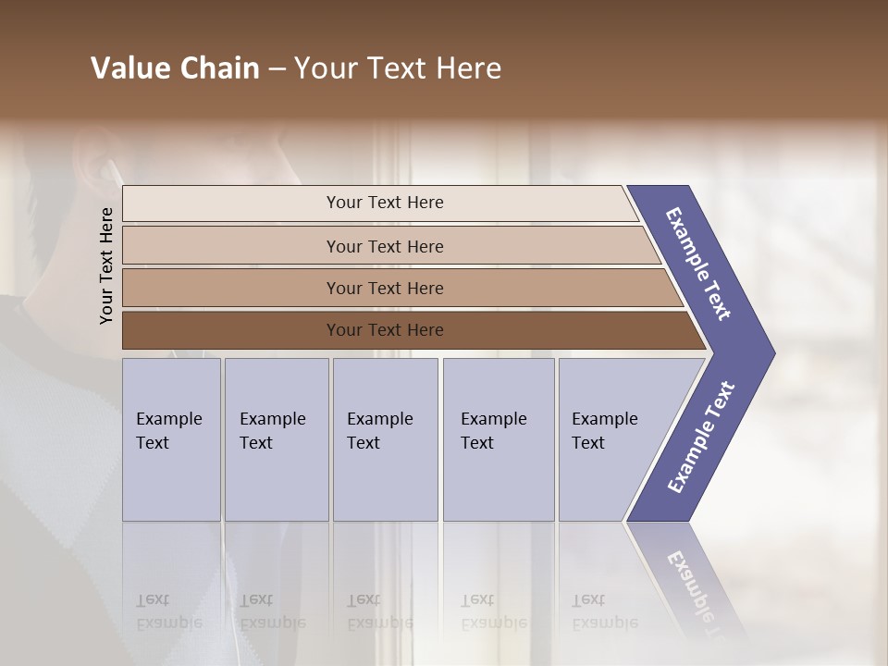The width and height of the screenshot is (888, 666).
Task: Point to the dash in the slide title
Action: pyautogui.click(x=277, y=69)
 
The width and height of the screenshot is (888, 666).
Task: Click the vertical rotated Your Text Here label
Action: pyautogui.click(x=106, y=265)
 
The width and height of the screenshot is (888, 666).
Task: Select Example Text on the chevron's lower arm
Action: pyautogui.click(x=701, y=438)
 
